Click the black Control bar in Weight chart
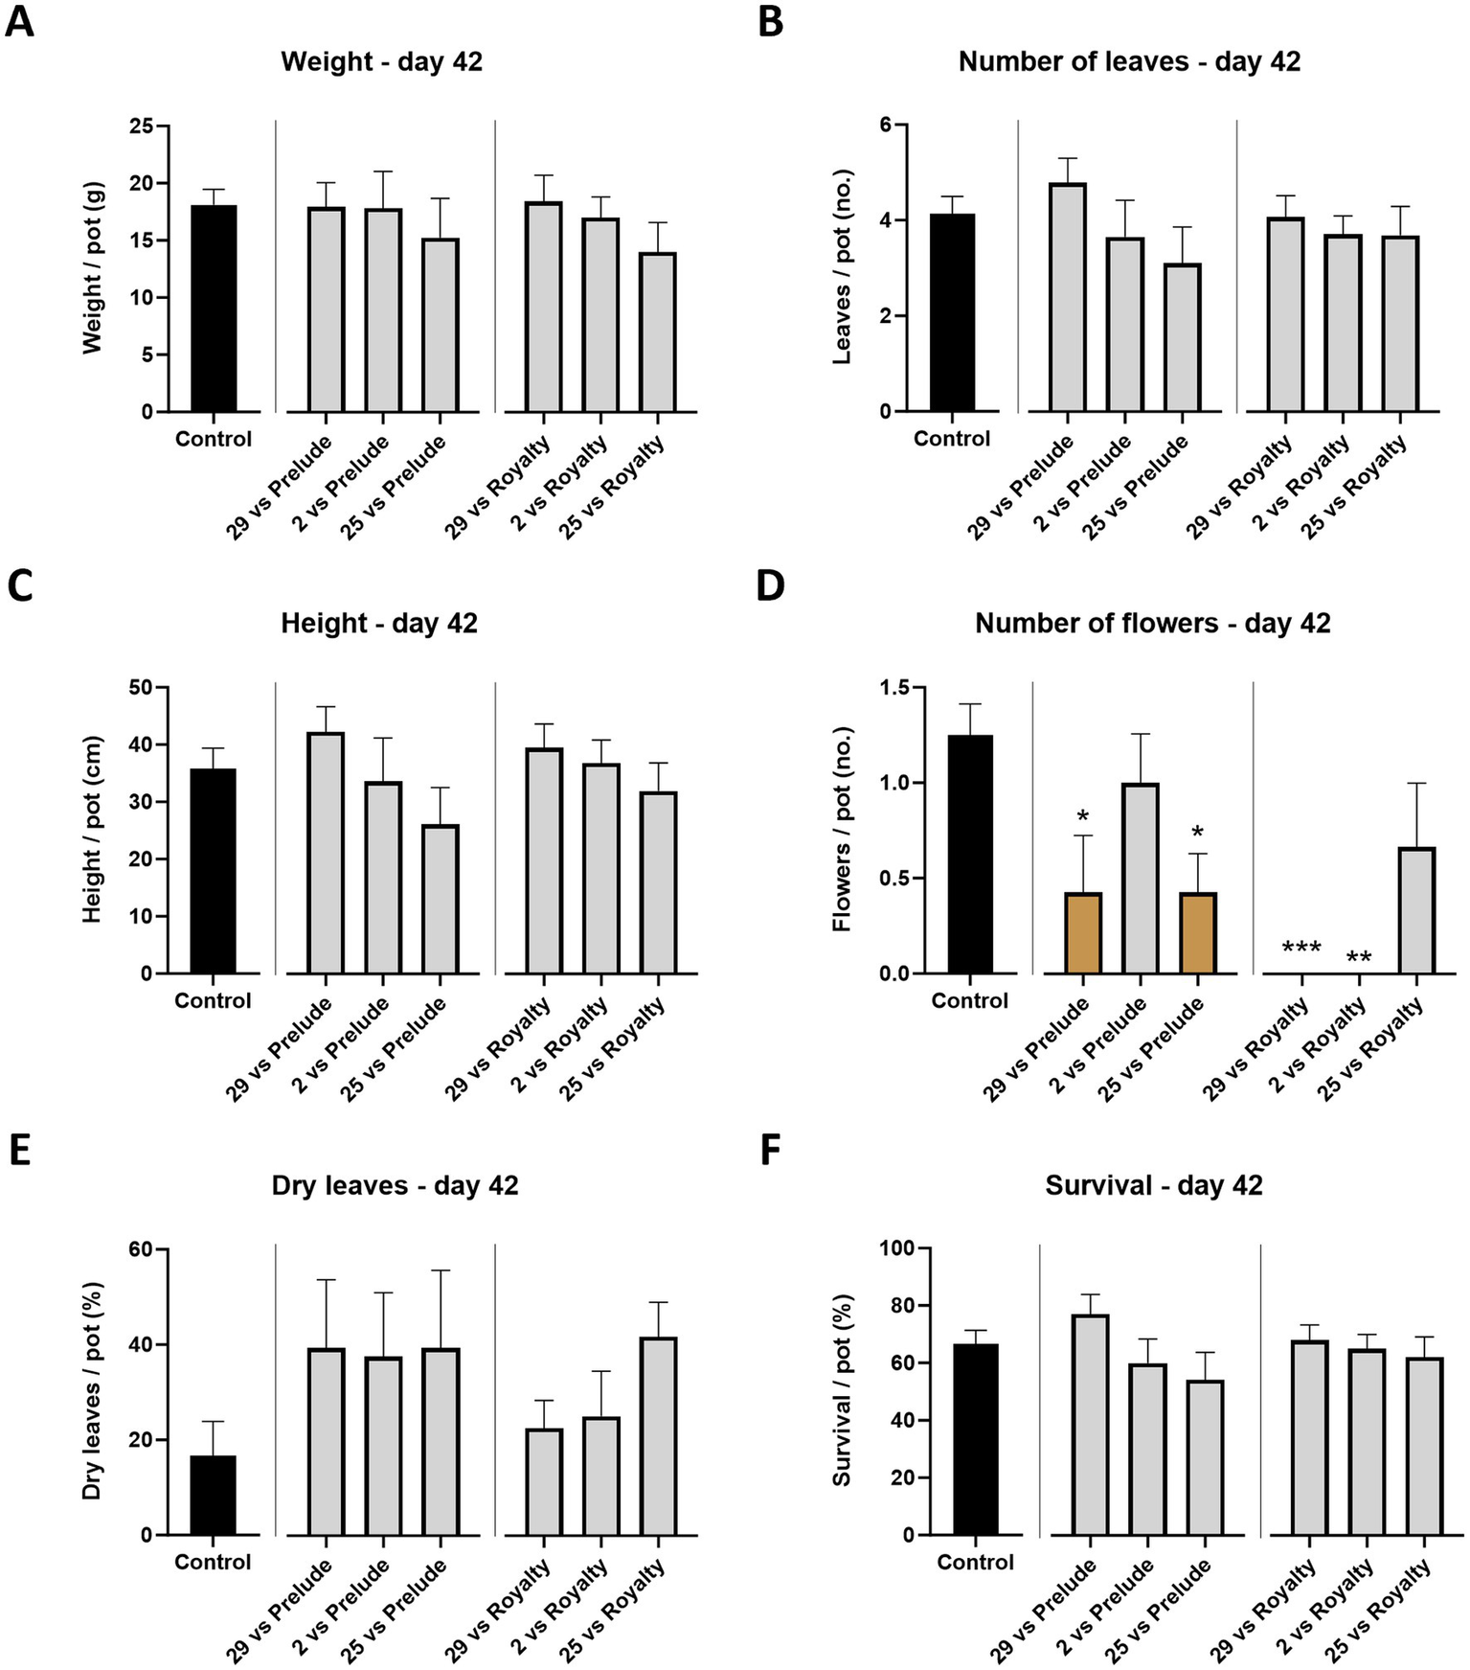(213, 309)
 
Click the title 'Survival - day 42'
(1153, 1185)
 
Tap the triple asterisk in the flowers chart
(1300, 949)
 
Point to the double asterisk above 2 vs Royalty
(1358, 957)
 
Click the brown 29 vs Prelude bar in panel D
(1083, 932)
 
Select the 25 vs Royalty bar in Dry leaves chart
(658, 1435)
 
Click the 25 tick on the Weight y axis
(141, 126)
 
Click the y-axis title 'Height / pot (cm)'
(92, 831)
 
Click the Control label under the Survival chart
(975, 1563)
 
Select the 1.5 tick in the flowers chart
(893, 688)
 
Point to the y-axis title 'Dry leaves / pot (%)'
(92, 1392)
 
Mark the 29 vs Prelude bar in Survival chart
(1090, 1425)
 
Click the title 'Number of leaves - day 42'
(1129, 61)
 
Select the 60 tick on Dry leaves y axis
(141, 1249)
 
